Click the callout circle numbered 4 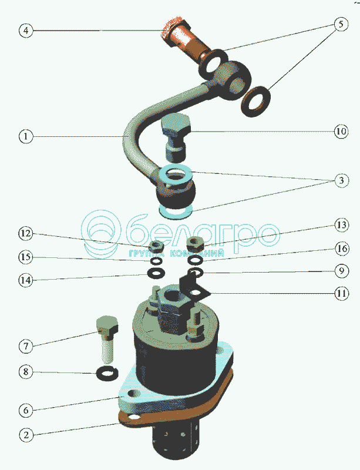pos(26,31)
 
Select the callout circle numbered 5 pos(341,24)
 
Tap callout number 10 pos(341,131)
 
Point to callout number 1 pos(26,136)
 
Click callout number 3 pos(341,180)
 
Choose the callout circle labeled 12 pos(26,233)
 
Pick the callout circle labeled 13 pos(342,225)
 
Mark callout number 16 pos(342,249)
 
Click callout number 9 pos(342,271)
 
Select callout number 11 pos(342,293)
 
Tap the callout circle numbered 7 pos(26,346)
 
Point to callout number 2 pos(26,435)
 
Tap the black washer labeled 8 pos(107,374)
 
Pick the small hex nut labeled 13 pos(195,243)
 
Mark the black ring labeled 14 pos(156,273)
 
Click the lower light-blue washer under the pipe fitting pos(176,211)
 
